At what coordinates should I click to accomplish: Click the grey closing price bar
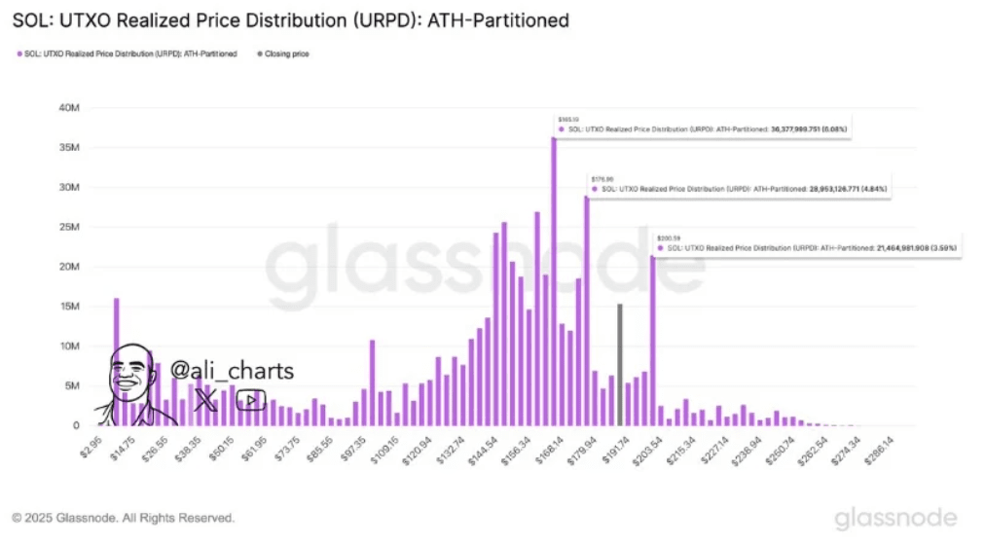pyautogui.click(x=620, y=365)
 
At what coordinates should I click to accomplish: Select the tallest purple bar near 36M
pyautogui.click(x=554, y=282)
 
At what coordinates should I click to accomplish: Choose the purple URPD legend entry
pyautogui.click(x=127, y=54)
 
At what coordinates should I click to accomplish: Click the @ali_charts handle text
pyautogui.click(x=232, y=371)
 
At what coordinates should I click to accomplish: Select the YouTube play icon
pyautogui.click(x=251, y=400)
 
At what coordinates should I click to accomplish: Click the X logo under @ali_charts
pyautogui.click(x=205, y=399)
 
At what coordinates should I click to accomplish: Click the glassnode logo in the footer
pyautogui.click(x=895, y=517)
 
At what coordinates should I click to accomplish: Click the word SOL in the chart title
pyautogui.click(x=29, y=19)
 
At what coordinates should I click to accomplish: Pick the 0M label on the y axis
pyautogui.click(x=74, y=425)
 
